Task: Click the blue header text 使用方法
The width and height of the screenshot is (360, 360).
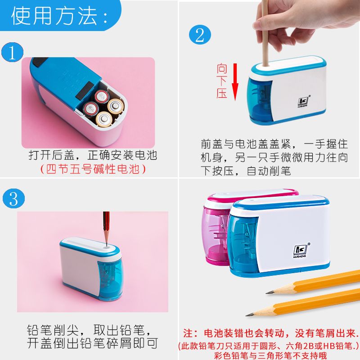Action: pyautogui.click(x=54, y=16)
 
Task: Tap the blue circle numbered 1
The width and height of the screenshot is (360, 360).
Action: pyautogui.click(x=12, y=52)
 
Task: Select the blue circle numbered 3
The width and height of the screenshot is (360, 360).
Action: pyautogui.click(x=13, y=198)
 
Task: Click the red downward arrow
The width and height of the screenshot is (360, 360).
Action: pyautogui.click(x=235, y=82)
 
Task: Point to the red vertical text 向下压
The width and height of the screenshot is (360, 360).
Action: pyautogui.click(x=222, y=81)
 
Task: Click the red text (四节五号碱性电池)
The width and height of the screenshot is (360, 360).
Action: pyautogui.click(x=93, y=169)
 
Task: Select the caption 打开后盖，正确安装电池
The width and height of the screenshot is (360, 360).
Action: pyautogui.click(x=93, y=155)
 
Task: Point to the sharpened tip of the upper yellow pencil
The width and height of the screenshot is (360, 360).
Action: pyautogui.click(x=267, y=293)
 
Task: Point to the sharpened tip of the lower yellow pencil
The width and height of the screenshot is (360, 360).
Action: pyautogui.click(x=247, y=315)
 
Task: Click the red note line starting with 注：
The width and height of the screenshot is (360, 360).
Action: pyautogui.click(x=271, y=333)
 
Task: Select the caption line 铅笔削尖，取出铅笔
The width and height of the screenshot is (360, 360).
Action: pyautogui.click(x=89, y=330)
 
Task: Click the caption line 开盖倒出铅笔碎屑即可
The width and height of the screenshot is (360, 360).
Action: pyautogui.click(x=93, y=343)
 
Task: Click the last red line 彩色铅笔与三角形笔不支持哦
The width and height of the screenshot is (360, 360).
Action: pyautogui.click(x=270, y=355)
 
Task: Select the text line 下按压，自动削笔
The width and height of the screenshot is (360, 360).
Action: pyautogui.click(x=246, y=171)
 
